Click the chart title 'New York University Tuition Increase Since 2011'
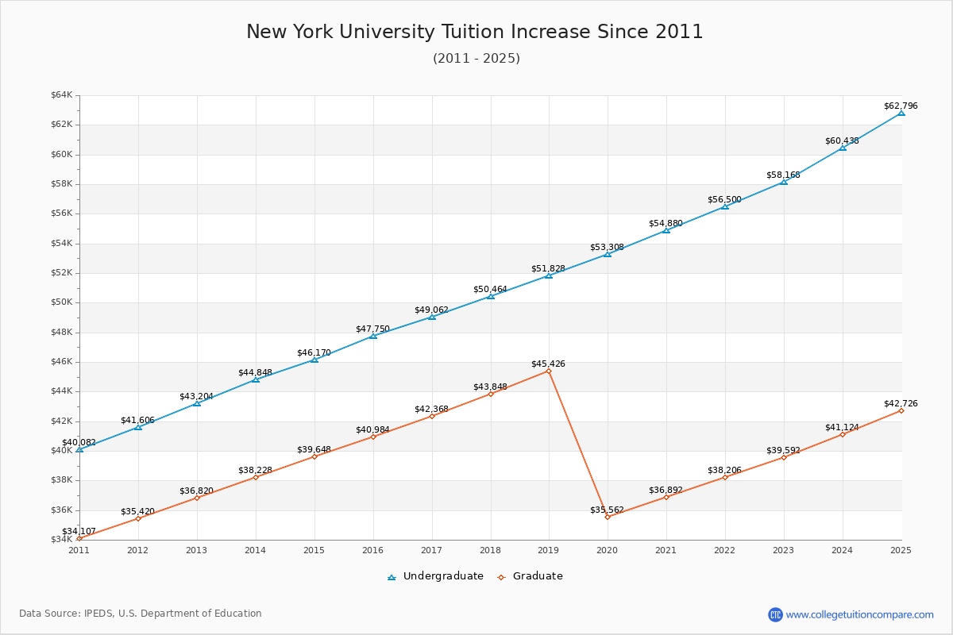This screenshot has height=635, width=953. point(475,32)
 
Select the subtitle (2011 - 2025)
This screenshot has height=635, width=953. point(476,59)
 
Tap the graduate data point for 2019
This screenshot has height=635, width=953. point(549,371)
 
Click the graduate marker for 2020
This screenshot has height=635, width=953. point(608,517)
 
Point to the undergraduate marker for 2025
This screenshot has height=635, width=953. point(901,113)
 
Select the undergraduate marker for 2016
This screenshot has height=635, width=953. point(373,336)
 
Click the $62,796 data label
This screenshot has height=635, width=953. point(901,106)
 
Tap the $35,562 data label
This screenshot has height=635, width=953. point(607,510)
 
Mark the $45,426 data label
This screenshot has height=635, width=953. point(548,364)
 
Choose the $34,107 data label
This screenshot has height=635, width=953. point(79,531)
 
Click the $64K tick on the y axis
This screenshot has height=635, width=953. point(61,95)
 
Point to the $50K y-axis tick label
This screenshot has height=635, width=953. point(61,302)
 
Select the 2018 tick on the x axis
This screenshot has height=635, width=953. point(490,549)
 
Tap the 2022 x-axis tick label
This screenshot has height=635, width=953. point(725,549)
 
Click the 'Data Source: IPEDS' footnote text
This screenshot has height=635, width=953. point(141,614)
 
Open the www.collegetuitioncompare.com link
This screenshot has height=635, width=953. point(859,614)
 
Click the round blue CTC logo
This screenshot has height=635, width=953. point(775,614)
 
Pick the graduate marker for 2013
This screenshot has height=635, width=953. point(197,498)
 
